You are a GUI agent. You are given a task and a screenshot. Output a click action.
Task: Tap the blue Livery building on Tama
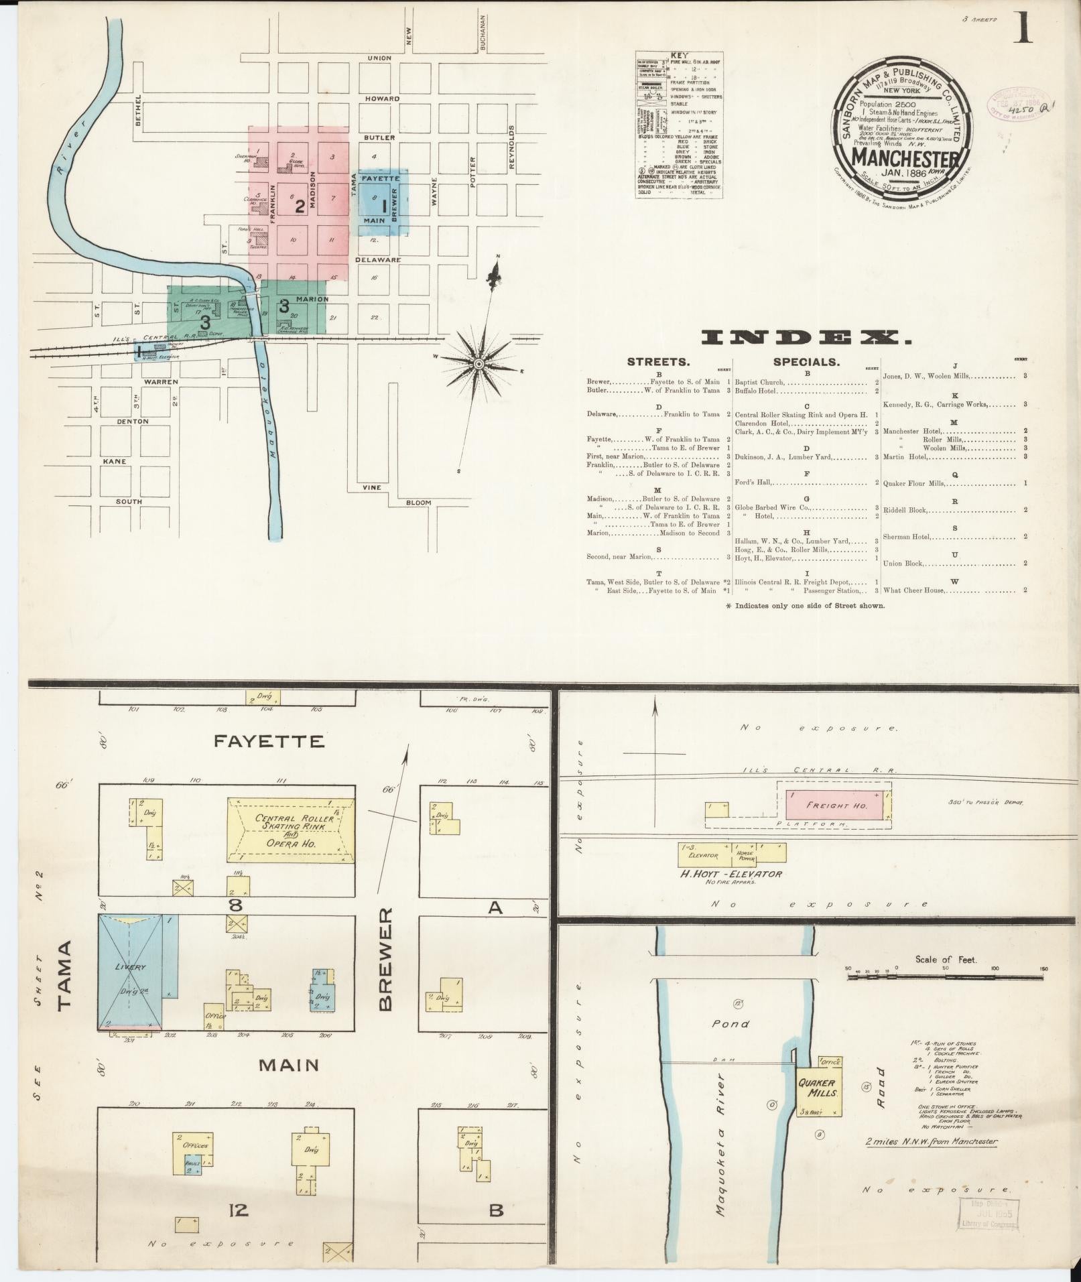click(131, 970)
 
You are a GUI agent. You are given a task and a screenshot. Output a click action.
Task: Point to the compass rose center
click(479, 364)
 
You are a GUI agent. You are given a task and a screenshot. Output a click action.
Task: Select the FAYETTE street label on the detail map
click(269, 741)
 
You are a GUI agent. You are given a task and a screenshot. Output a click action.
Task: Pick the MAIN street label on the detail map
click(289, 1064)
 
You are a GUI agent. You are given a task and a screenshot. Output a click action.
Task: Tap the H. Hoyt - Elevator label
click(730, 874)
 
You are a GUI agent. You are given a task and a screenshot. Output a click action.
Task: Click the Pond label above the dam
click(731, 1023)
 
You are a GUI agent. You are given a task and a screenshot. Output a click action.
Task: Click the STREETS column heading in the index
click(657, 362)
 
